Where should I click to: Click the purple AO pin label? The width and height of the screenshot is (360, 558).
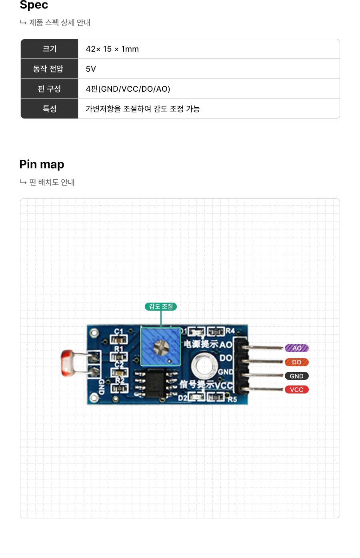296,348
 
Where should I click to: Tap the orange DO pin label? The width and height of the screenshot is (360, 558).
296,362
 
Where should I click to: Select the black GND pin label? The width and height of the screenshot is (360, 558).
296,376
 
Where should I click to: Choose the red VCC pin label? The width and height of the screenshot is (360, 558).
296,389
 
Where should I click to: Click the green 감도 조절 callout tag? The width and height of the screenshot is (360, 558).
161,307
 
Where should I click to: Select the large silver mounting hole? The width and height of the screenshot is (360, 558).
204,365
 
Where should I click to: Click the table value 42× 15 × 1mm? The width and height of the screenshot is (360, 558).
112,49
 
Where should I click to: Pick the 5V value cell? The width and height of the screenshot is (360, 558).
91,69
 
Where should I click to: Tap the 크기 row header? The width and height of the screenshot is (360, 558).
50,49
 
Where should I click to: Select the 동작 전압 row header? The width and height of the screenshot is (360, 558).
48,69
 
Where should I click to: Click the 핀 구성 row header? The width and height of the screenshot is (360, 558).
49,89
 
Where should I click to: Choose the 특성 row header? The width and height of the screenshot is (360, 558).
50,108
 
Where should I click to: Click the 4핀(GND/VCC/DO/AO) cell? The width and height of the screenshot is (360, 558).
128,89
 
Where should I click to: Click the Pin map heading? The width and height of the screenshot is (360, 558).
42,164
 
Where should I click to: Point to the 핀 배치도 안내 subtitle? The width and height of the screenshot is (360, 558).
52,182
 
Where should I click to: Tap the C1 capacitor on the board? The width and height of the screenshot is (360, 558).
119,339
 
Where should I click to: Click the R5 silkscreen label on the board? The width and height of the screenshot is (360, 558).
232,399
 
